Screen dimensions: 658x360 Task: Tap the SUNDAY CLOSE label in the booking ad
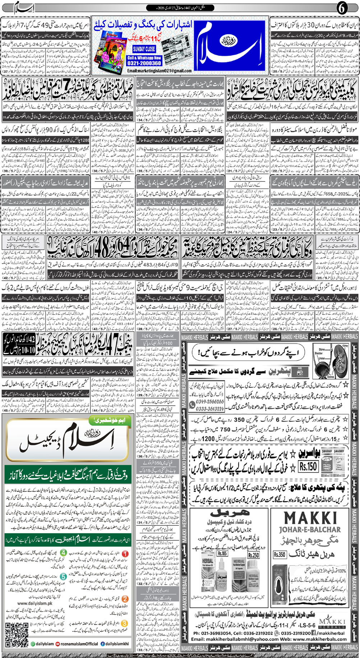(x=144, y=49)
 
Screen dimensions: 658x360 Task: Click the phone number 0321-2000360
(x=144, y=63)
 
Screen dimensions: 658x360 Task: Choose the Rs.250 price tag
(x=253, y=555)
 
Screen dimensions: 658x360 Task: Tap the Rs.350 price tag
(x=279, y=555)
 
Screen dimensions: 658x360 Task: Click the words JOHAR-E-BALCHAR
(x=310, y=529)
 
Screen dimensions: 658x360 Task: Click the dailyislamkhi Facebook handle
(x=114, y=644)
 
